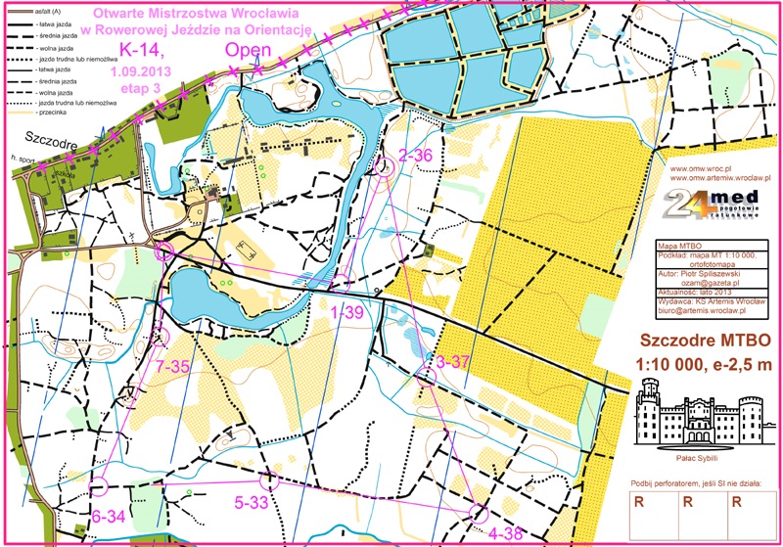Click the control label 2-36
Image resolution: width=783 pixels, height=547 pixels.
tap(417, 154)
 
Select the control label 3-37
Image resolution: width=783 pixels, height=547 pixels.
tap(454, 362)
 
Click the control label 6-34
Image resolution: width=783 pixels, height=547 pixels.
tap(108, 516)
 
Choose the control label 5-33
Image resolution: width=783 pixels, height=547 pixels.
tap(253, 503)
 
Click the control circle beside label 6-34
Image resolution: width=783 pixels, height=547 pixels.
tap(98, 485)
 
